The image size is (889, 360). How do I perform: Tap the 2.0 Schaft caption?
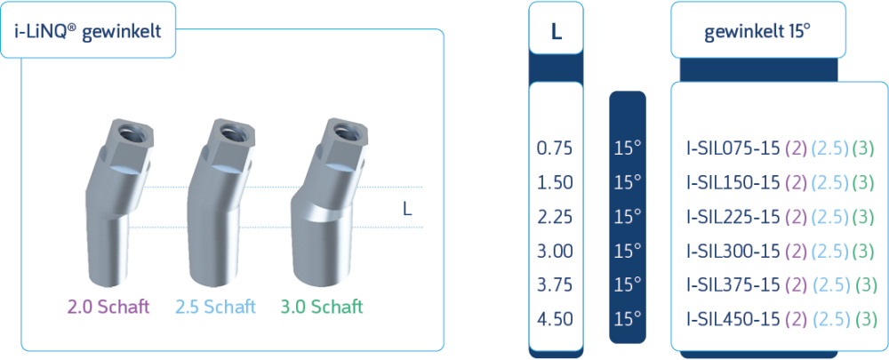coord(108,307)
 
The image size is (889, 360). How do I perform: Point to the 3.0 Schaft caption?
coord(321,307)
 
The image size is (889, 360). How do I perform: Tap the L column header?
coord(556,33)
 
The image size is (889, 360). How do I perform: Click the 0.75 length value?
coord(556,148)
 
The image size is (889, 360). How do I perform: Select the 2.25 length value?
coord(556,216)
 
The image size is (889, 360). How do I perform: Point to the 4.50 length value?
coord(556,318)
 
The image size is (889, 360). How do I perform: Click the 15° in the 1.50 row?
coord(628,181)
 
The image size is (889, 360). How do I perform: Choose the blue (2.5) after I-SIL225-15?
coord(830,216)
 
